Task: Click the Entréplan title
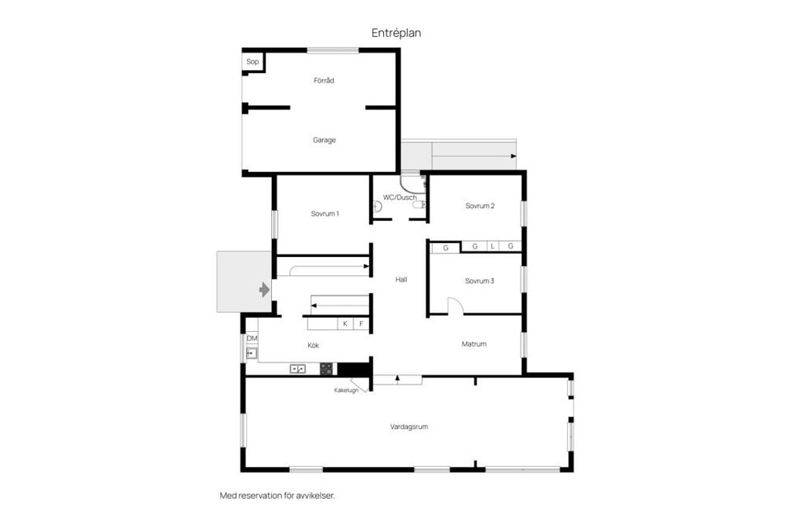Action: (395, 33)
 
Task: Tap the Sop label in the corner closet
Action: (252, 62)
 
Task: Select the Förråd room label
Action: (324, 81)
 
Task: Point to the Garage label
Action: (324, 140)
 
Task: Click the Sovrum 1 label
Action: (325, 214)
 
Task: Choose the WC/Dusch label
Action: (400, 198)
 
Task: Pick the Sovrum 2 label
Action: (480, 206)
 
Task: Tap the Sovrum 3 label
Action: (480, 281)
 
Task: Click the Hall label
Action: (401, 280)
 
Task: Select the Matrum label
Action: (475, 344)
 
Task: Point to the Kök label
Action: (313, 346)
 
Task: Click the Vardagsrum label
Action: (409, 427)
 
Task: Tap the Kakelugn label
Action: (346, 390)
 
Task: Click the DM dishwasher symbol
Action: (251, 338)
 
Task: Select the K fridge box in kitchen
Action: (345, 324)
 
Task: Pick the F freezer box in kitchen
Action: (361, 324)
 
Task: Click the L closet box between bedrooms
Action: (493, 246)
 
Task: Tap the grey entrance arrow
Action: (264, 290)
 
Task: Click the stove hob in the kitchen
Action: (326, 369)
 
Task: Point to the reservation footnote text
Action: (277, 496)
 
